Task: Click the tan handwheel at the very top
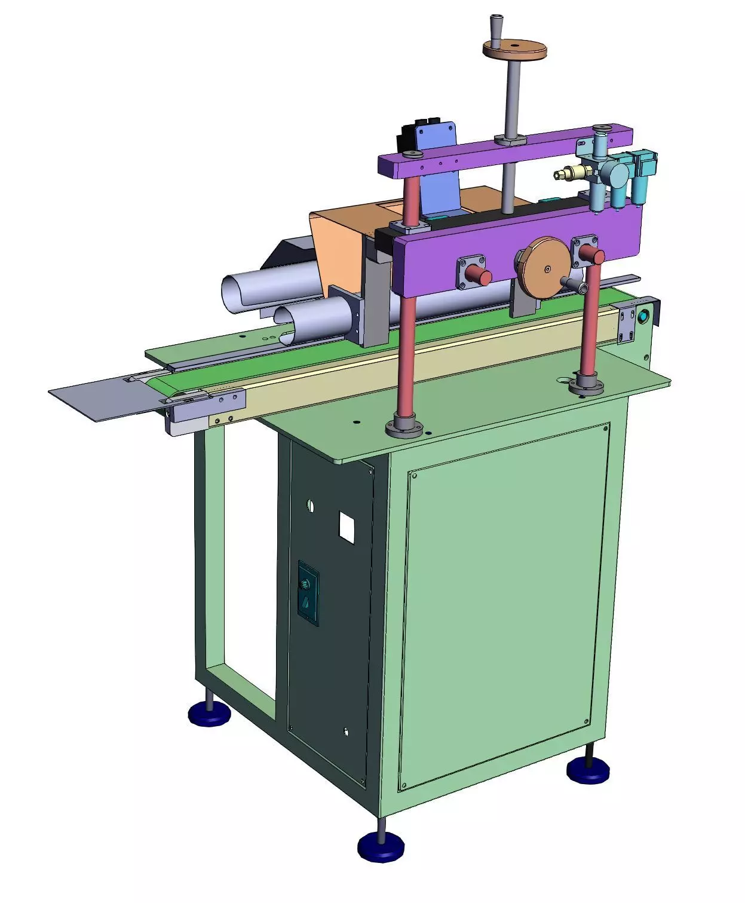(x=514, y=50)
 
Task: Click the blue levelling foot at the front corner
(x=381, y=847)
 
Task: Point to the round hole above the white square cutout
(x=310, y=506)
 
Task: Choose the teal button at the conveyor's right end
(x=643, y=317)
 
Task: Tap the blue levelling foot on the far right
(x=588, y=770)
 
